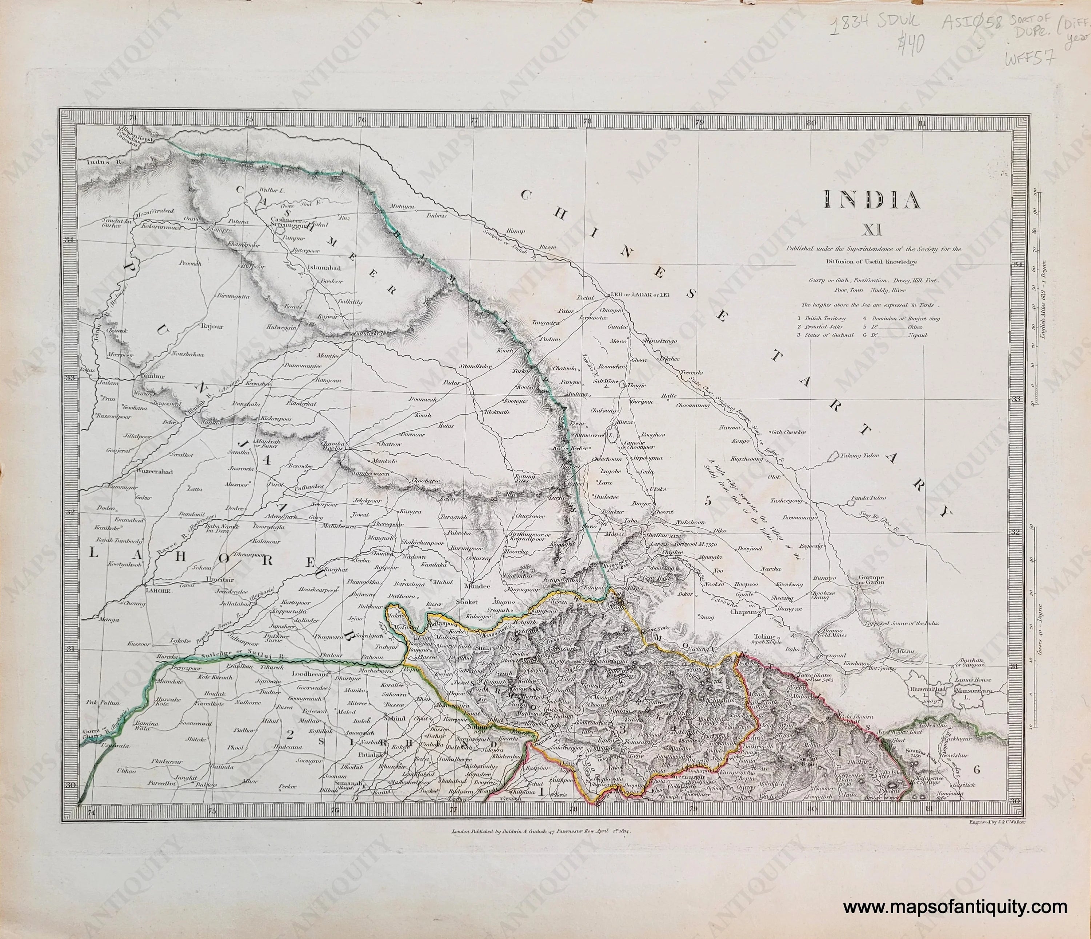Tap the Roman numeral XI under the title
(874, 229)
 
